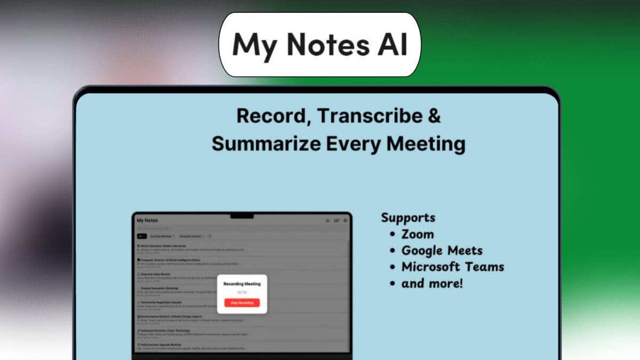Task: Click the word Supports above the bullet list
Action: [x=408, y=218]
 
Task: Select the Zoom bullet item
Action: [x=418, y=234]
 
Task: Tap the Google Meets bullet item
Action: [x=442, y=251]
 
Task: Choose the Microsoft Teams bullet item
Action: [x=452, y=267]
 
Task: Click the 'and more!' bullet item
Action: [x=432, y=283]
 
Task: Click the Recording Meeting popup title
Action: [x=242, y=284]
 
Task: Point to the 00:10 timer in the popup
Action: [x=242, y=292]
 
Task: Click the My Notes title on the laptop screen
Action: [x=147, y=220]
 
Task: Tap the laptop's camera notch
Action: [x=242, y=216]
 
